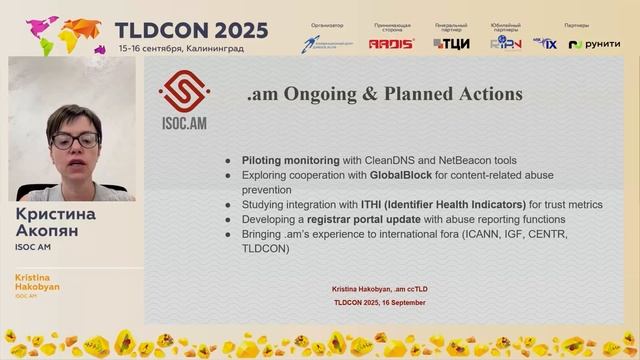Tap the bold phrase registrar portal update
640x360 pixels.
[365, 219]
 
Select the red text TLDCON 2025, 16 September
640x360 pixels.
[379, 302]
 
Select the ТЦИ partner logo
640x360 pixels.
[451, 43]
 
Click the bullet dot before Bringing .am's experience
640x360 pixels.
[229, 234]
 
